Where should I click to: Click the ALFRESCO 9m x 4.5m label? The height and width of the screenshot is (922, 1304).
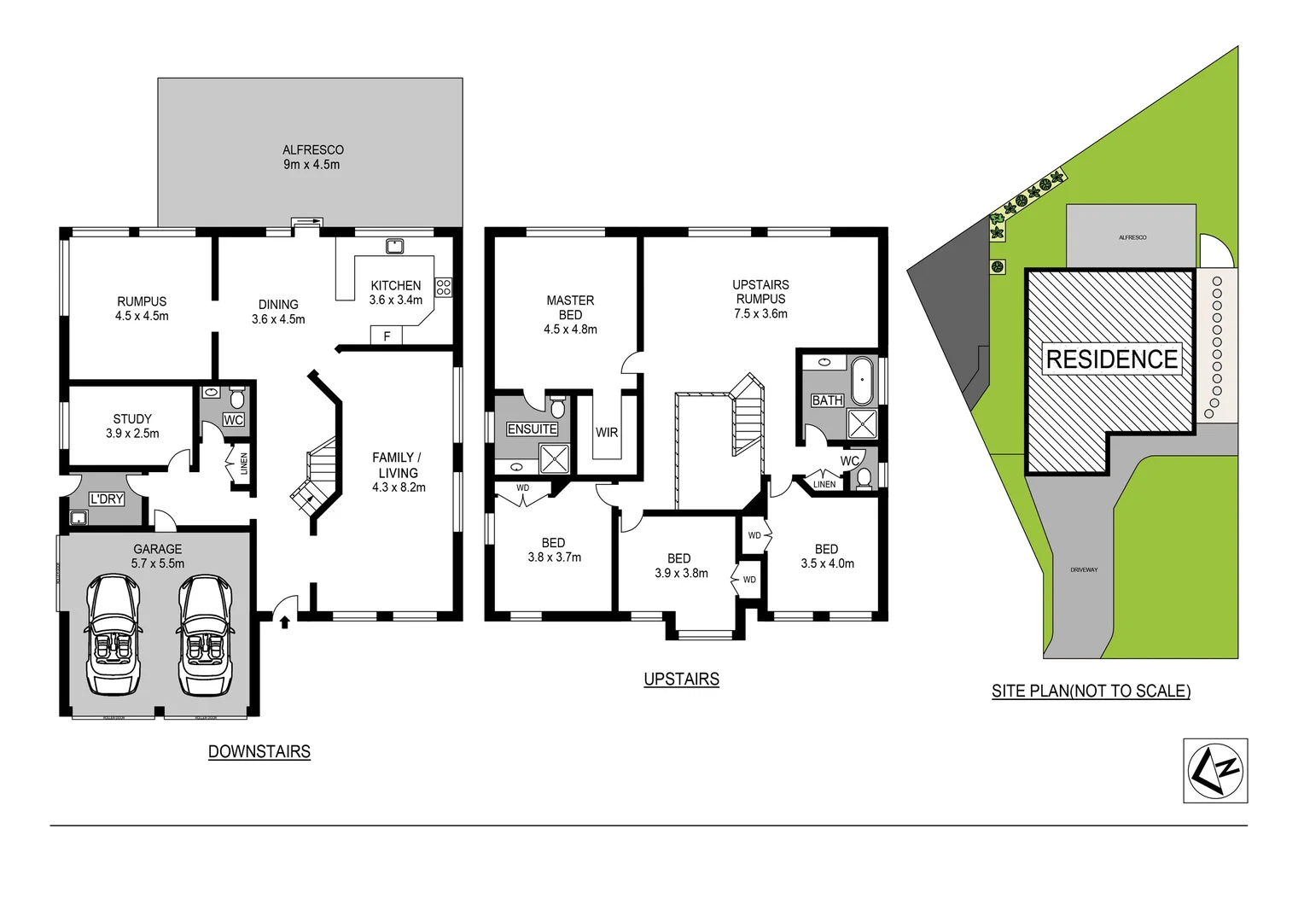click(x=312, y=157)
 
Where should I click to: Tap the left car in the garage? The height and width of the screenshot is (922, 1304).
click(x=112, y=635)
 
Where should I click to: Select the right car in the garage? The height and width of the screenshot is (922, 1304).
click(x=205, y=635)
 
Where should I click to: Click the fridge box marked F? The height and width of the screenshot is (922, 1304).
click(x=387, y=336)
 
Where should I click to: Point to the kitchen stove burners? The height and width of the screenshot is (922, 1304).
click(x=443, y=287)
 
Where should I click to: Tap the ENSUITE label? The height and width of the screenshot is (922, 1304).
click(x=532, y=429)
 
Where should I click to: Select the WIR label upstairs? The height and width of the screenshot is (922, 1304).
click(x=607, y=433)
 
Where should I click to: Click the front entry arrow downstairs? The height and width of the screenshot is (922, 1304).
click(x=285, y=621)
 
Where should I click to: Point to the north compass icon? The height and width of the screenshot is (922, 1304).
click(x=1215, y=771)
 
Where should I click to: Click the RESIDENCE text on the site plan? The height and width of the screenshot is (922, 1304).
click(x=1111, y=359)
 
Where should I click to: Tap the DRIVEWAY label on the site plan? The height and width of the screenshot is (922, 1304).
click(x=1084, y=569)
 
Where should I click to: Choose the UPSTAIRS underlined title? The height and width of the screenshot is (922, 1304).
click(x=681, y=680)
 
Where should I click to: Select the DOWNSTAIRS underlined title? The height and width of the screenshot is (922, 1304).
click(x=259, y=752)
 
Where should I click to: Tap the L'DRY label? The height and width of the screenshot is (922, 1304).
click(x=107, y=499)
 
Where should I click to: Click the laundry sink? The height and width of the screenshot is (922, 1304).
click(x=79, y=517)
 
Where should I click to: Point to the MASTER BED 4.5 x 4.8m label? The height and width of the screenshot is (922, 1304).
click(x=570, y=314)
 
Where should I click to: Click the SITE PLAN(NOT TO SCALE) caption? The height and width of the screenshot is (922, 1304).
click(x=1091, y=691)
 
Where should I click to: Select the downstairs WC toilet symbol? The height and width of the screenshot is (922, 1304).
click(x=236, y=398)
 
